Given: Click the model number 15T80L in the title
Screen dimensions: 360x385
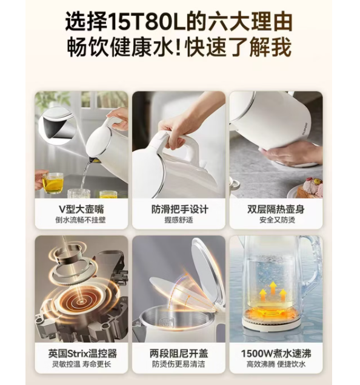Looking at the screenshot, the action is (x=147, y=22).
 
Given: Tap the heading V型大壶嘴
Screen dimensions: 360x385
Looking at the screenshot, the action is (x=81, y=209).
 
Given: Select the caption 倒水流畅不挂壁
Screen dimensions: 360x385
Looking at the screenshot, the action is (x=81, y=220).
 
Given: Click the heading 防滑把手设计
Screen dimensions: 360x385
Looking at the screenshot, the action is (x=179, y=209).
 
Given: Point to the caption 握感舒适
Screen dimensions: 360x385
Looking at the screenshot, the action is (x=179, y=220).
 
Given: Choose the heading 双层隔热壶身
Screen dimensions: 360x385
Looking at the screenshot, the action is (x=276, y=209).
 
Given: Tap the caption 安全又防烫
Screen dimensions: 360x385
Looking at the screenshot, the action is (x=277, y=220).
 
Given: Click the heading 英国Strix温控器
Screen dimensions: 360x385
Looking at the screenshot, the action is (x=82, y=354).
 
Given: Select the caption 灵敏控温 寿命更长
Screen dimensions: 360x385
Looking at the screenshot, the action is (x=81, y=364).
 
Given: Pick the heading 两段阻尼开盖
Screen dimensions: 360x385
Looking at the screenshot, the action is (x=179, y=354).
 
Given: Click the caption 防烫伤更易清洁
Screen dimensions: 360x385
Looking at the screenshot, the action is (x=178, y=364).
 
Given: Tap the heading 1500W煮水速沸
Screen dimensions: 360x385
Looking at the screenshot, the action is (x=276, y=354).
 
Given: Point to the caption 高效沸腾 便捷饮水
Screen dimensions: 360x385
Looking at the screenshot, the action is (x=276, y=364).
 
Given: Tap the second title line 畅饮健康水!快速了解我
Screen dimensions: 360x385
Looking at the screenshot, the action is (x=179, y=47).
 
